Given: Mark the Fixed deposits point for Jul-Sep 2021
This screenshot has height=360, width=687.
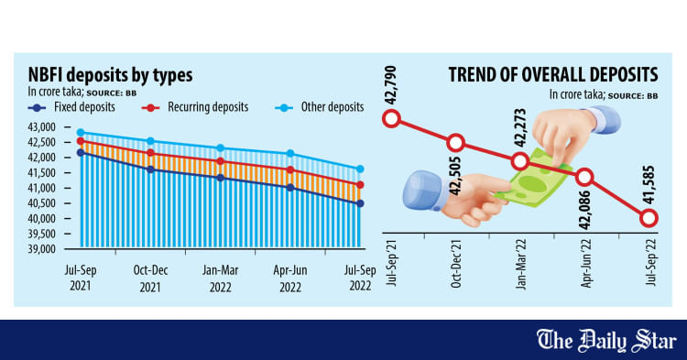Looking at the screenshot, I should (x=81, y=153).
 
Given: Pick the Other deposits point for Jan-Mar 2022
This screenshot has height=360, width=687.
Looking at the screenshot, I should (x=220, y=148).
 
